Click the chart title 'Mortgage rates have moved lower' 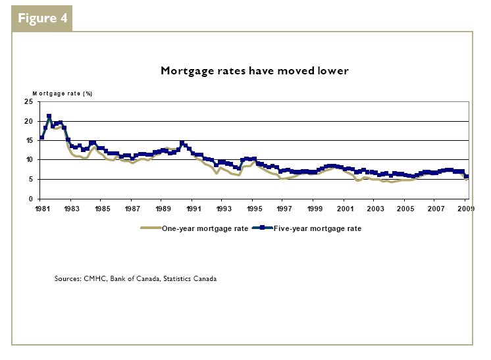pyautogui.click(x=254, y=70)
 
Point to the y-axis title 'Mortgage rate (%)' pyautogui.click(x=63, y=93)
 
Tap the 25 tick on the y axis pyautogui.click(x=28, y=102)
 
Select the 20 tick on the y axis pyautogui.click(x=28, y=121)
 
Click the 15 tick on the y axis pyautogui.click(x=28, y=140)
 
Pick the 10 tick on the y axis pyautogui.click(x=28, y=160)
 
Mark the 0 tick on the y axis pyautogui.click(x=30, y=199)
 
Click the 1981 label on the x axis pyautogui.click(x=41, y=209)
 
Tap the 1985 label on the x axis pyautogui.click(x=102, y=209)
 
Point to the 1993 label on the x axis pyautogui.click(x=224, y=209)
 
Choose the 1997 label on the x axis pyautogui.click(x=284, y=209)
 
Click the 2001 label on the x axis pyautogui.click(x=346, y=209)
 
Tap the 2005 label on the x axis pyautogui.click(x=406, y=209)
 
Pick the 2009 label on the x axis pyautogui.click(x=465, y=209)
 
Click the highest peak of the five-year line pyautogui.click(x=49, y=116)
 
